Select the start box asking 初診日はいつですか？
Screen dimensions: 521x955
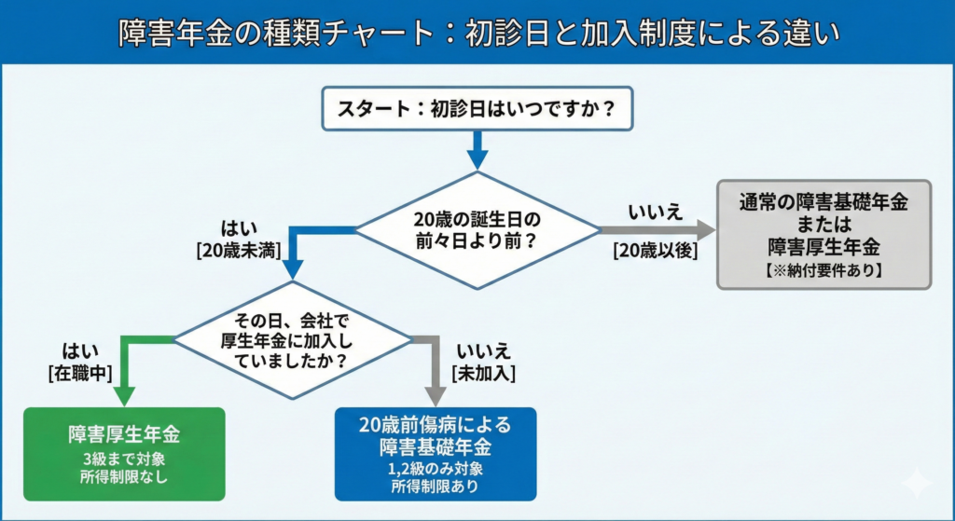tap(477, 110)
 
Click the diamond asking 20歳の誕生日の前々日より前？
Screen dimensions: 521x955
tap(477, 230)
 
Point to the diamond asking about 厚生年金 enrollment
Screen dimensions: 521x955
tap(294, 338)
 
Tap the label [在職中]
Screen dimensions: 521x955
tap(80, 373)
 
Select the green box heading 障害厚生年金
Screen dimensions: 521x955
tap(123, 433)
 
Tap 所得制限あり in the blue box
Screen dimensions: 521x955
tap(436, 486)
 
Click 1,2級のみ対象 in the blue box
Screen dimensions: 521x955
tap(436, 469)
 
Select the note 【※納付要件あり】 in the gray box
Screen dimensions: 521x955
tap(824, 271)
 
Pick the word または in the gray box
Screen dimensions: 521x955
tap(824, 225)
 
